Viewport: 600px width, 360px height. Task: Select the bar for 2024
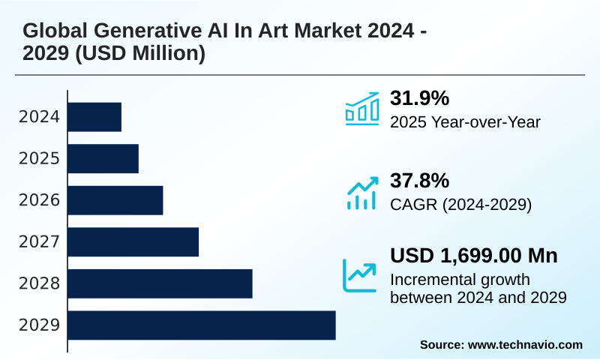coord(94,117)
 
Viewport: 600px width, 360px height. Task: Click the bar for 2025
coord(103,158)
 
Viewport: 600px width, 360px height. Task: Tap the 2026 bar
coord(115,200)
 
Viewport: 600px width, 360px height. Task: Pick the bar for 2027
coord(133,241)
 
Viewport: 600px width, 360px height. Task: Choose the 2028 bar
coord(160,283)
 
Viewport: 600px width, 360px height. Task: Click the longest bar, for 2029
coord(202,325)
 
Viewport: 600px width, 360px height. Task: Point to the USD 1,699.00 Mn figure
coord(473,256)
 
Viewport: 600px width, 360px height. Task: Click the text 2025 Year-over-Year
coord(465,121)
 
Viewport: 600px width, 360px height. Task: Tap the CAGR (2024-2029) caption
coord(460,204)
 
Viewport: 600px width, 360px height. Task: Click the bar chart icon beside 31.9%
coord(361,109)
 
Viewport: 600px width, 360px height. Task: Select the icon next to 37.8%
coord(361,193)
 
